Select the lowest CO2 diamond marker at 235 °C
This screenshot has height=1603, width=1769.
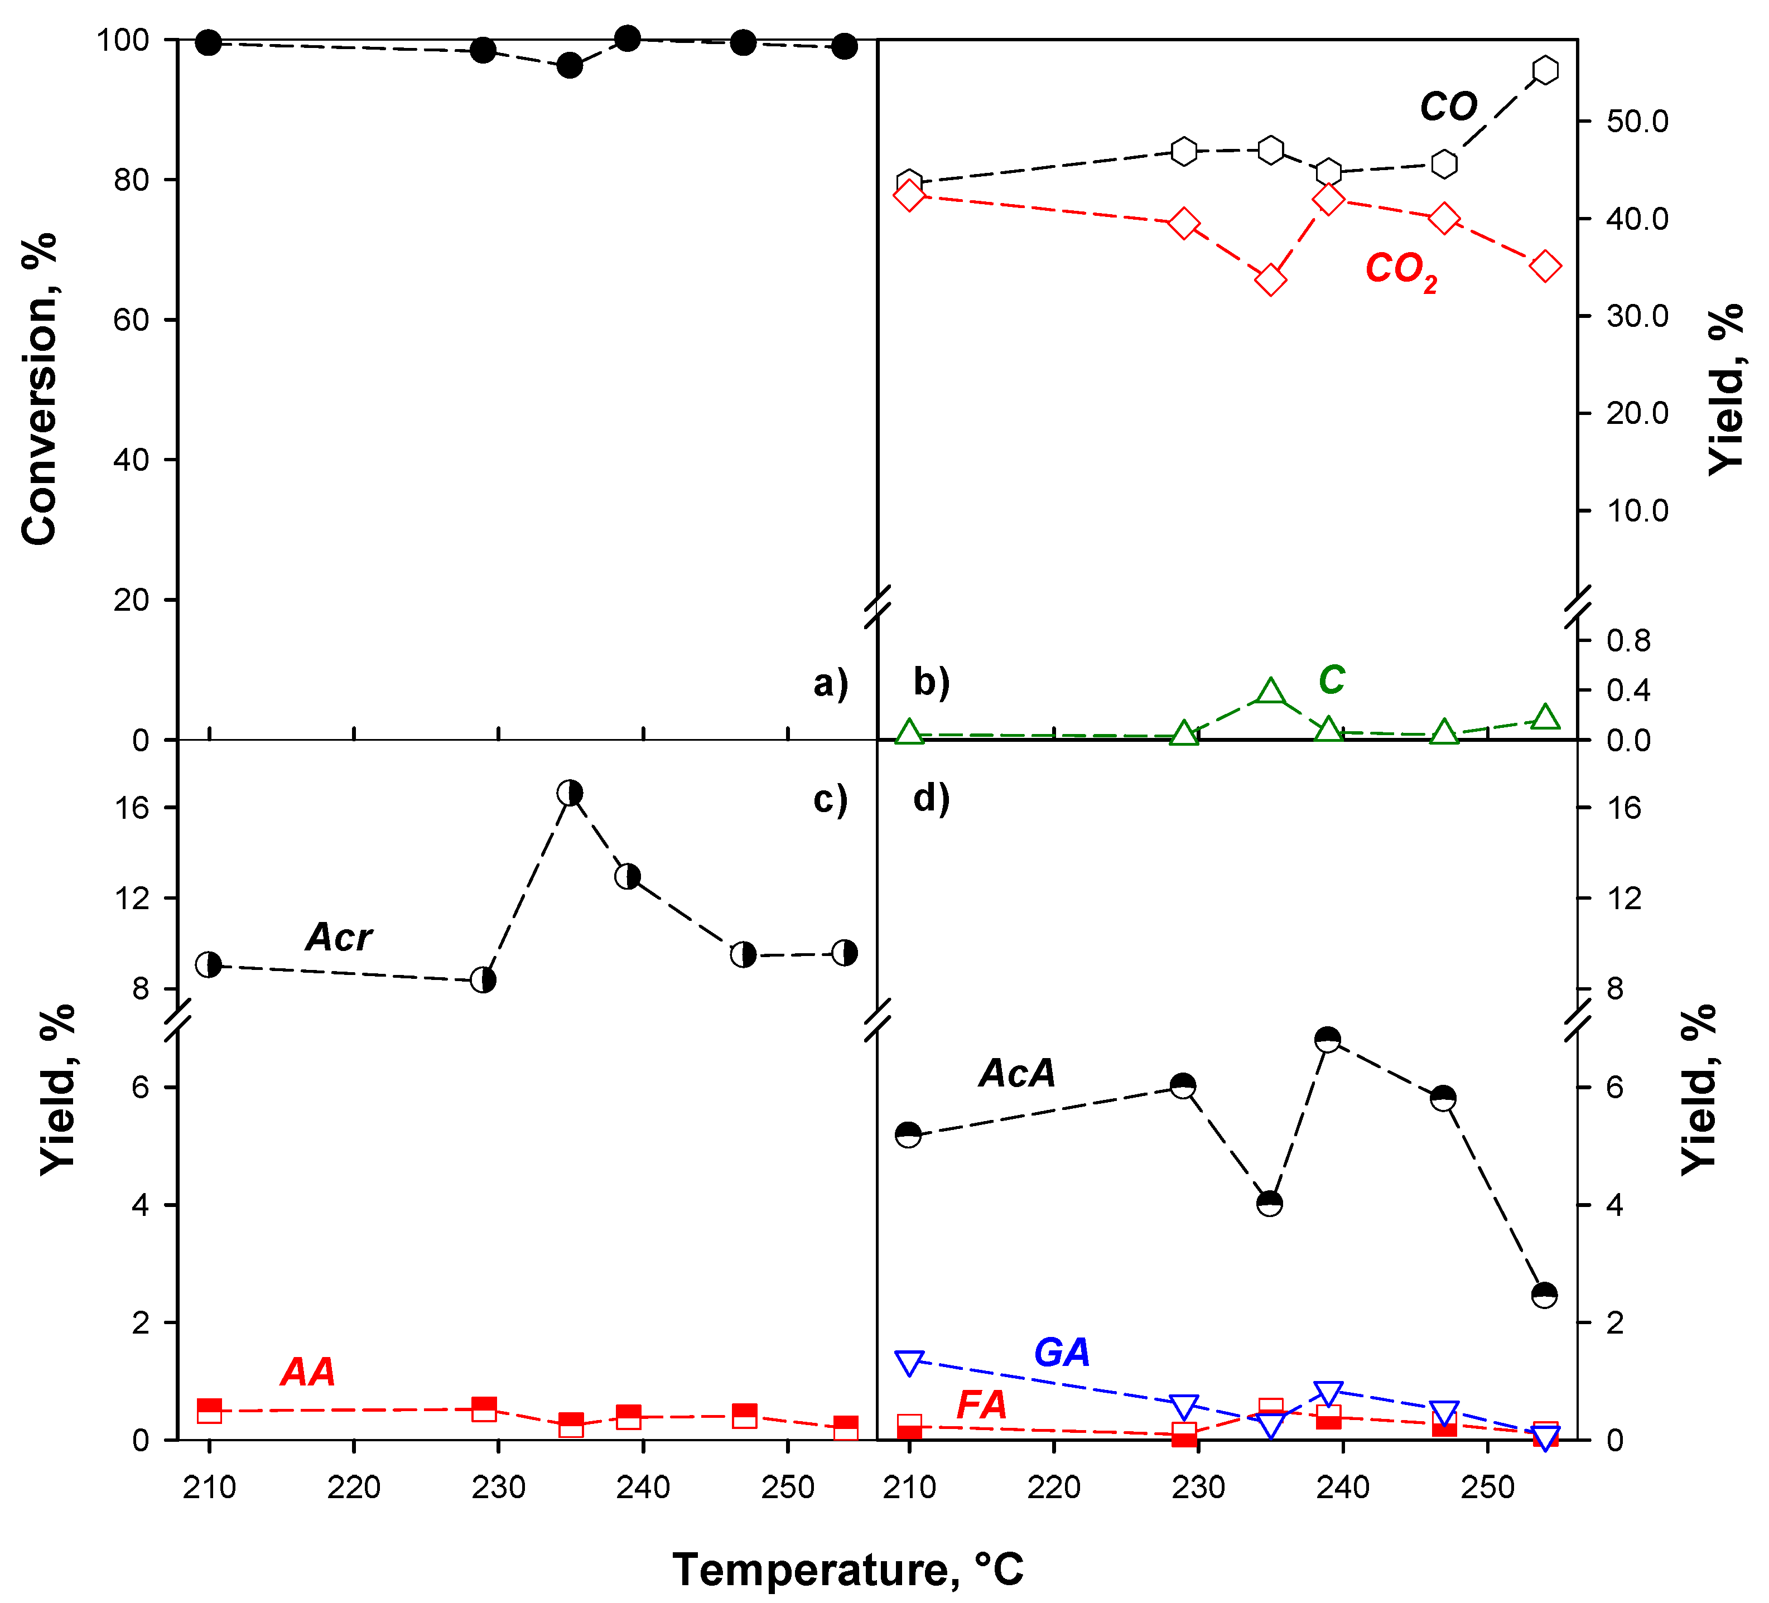point(1271,281)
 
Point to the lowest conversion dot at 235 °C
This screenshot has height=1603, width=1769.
point(570,66)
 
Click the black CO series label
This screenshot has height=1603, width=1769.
point(1449,108)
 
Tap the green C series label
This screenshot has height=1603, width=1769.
point(1331,680)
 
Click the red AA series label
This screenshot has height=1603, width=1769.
point(308,1372)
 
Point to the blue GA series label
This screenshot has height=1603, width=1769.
point(1062,1352)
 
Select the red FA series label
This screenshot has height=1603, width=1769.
point(981,1404)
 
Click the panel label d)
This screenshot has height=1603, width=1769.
point(931,798)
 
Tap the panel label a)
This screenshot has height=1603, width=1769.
point(830,683)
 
